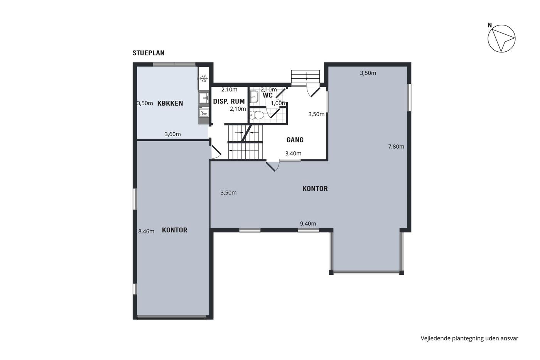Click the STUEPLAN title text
[148, 53]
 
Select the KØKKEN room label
[170, 103]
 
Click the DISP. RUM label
[229, 101]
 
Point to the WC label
[268, 95]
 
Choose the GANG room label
[295, 140]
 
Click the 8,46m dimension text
[146, 232]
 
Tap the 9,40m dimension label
[308, 223]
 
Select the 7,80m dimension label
[396, 147]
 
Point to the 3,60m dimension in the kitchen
[173, 134]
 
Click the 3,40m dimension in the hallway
[293, 153]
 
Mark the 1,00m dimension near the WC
[278, 103]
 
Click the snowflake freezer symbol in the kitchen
[204, 78]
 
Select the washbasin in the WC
[254, 97]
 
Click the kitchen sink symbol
[204, 98]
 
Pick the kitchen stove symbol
[204, 113]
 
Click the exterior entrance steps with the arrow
[305, 77]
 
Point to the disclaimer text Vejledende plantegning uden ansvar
[469, 338]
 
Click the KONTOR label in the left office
[174, 230]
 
